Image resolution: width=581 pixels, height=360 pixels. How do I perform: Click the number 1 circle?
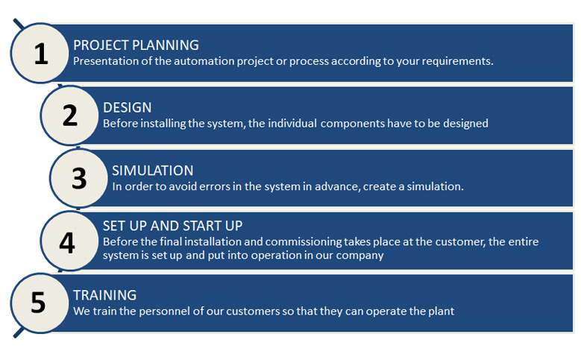pos(40,53)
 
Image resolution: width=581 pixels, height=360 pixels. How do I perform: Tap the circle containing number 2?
pos(69,116)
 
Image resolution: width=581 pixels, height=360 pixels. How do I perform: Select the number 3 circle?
pos(79,178)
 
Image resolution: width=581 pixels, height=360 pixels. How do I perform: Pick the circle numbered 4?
pos(69,241)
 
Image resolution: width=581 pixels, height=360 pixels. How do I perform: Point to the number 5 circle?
pos(40,303)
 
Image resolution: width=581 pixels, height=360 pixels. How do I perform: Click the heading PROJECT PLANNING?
pos(136,45)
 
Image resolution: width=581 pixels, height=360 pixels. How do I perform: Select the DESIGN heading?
pos(127,108)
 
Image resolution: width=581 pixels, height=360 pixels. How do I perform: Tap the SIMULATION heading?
pos(153,171)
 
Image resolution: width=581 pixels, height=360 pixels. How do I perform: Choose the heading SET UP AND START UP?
pos(173,226)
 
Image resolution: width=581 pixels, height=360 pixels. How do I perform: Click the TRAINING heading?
pos(105,296)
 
